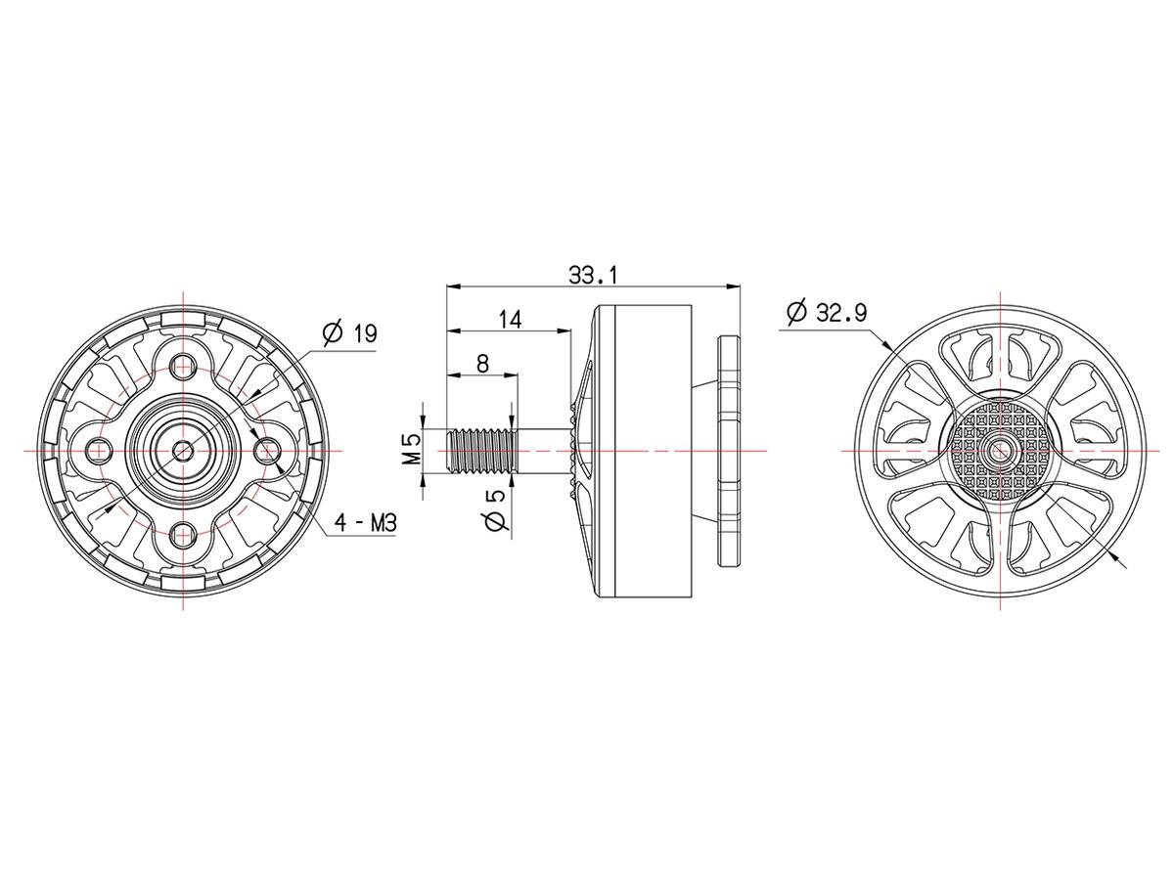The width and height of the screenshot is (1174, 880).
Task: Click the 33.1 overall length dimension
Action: pyautogui.click(x=592, y=276)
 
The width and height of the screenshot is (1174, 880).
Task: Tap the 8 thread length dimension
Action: pyautogui.click(x=481, y=364)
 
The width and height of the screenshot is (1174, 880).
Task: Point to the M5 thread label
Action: pyautogui.click(x=411, y=450)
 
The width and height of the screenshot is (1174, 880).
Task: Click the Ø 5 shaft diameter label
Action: pyautogui.click(x=495, y=509)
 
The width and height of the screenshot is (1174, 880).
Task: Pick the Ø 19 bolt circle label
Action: pyautogui.click(x=350, y=333)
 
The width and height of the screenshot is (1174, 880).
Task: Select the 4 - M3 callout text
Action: pyautogui.click(x=365, y=523)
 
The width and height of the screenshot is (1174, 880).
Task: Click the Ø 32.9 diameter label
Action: pyautogui.click(x=827, y=313)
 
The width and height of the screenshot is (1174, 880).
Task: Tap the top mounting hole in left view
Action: pyautogui.click(x=183, y=367)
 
